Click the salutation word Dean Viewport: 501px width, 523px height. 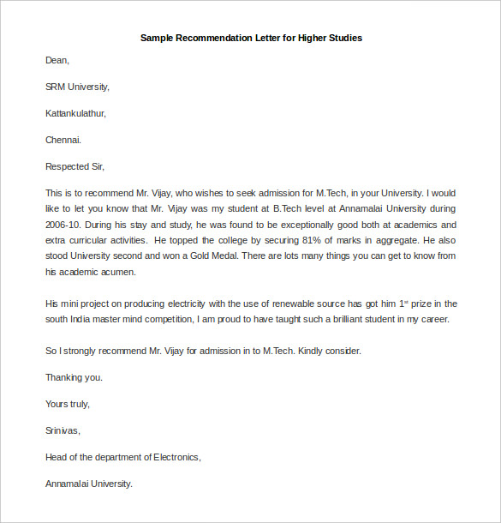(x=57, y=61)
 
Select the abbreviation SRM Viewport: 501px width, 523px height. (x=56, y=87)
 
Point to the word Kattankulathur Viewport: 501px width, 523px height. (x=75, y=113)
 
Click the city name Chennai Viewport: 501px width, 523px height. (x=63, y=140)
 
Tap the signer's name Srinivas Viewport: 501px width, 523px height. (x=62, y=430)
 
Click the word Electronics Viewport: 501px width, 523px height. (x=176, y=457)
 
